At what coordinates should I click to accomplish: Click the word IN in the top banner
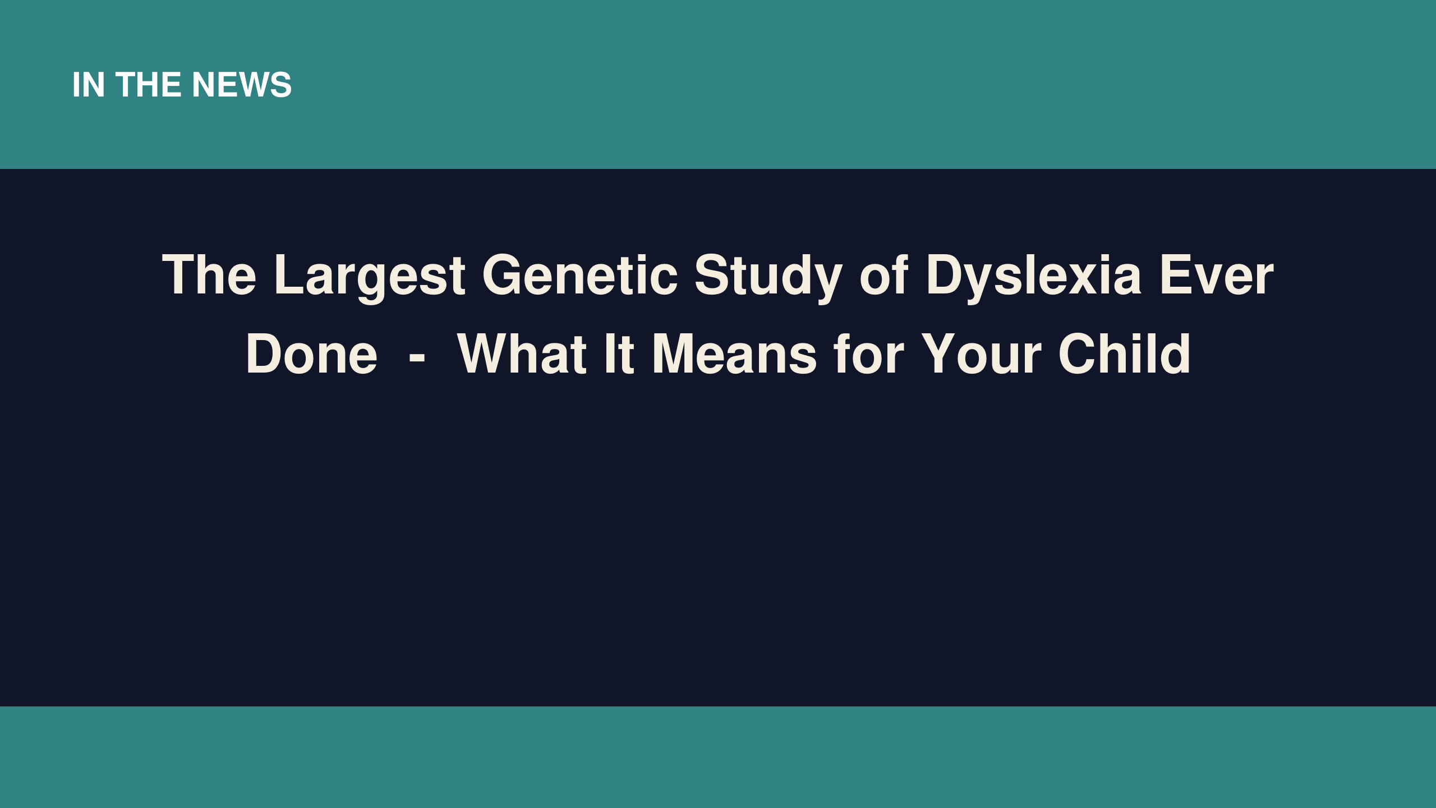89,85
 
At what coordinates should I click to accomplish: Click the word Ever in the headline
1217,274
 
